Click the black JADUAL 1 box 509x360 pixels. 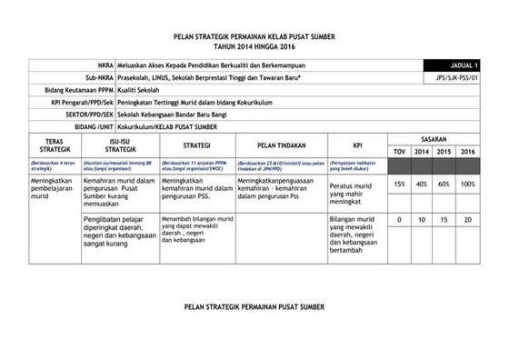(452, 66)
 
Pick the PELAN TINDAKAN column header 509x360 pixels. (281, 145)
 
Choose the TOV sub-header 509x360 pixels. (400, 151)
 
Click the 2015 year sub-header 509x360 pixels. (444, 151)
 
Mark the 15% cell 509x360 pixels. (400, 184)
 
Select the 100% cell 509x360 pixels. (467, 184)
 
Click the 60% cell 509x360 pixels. (444, 184)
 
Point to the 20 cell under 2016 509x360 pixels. (467, 220)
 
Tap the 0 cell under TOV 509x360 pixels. (400, 220)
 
